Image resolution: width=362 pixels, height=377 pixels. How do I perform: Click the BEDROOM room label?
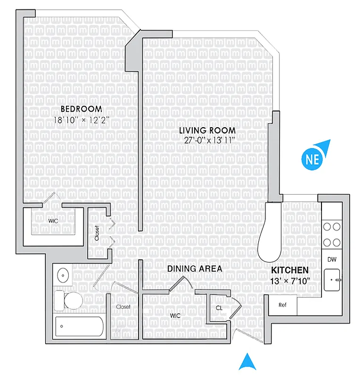(x=81, y=109)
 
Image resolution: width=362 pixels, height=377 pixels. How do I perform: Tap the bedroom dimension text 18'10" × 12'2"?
(x=81, y=120)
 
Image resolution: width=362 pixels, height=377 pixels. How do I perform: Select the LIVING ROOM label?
(x=207, y=130)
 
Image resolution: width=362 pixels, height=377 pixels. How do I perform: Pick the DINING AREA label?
(x=195, y=269)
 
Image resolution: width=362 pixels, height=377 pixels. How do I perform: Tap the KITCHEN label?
(x=290, y=270)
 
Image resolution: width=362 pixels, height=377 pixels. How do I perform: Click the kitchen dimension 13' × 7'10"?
(x=289, y=281)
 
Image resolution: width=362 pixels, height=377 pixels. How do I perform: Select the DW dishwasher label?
(x=331, y=259)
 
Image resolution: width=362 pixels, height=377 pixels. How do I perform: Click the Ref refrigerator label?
(x=283, y=305)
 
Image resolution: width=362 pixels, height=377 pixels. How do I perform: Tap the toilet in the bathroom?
(x=69, y=300)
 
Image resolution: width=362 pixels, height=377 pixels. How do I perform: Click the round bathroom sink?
(x=62, y=275)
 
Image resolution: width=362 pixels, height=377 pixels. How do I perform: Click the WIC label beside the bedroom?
(x=52, y=220)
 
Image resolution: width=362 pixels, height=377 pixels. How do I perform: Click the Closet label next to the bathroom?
(x=123, y=307)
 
